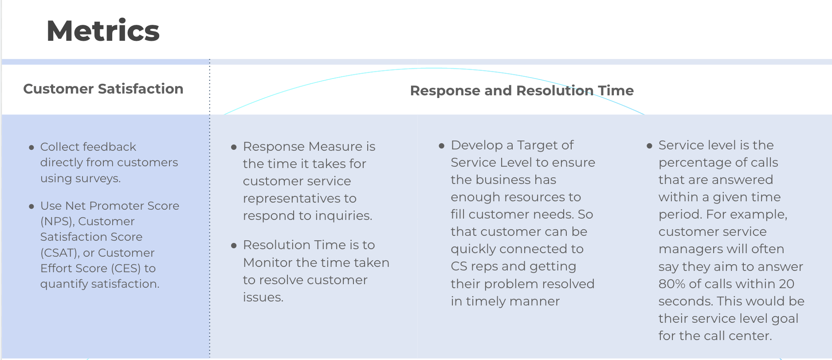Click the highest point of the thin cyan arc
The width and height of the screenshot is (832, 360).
click(x=432, y=68)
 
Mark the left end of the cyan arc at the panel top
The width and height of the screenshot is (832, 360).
click(x=224, y=114)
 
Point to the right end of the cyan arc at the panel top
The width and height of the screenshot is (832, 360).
click(x=645, y=114)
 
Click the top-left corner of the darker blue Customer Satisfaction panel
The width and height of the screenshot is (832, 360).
click(x=2, y=115)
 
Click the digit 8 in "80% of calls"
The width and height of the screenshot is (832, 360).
click(x=663, y=284)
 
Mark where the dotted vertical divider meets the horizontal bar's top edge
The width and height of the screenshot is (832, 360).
click(x=210, y=59)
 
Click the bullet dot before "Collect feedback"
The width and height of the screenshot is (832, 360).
click(x=31, y=148)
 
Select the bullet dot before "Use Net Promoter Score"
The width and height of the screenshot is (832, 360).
click(x=31, y=207)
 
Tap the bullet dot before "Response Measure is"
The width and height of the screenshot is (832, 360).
click(x=234, y=147)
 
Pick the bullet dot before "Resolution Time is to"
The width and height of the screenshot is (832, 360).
click(x=234, y=246)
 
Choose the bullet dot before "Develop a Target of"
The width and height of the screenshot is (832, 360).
click(x=441, y=146)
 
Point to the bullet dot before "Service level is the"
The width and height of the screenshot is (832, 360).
click(x=649, y=146)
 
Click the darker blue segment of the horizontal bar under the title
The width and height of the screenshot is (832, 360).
click(x=106, y=62)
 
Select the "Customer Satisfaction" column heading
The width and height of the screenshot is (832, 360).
click(x=103, y=89)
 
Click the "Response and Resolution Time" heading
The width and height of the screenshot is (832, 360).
click(x=522, y=90)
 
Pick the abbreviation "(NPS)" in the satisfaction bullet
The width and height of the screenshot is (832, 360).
click(x=57, y=221)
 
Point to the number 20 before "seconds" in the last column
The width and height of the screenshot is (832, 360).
click(x=787, y=284)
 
